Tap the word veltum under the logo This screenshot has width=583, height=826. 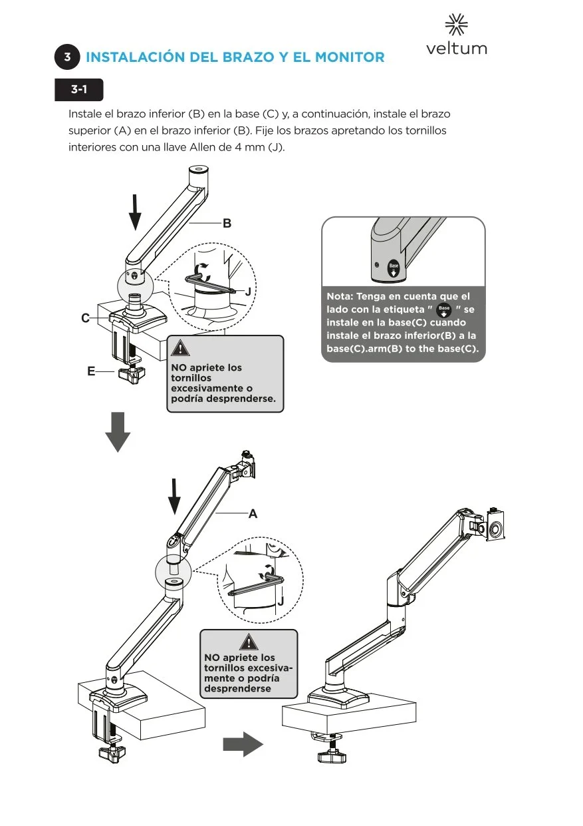[457, 49]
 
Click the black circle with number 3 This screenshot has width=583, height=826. [68, 57]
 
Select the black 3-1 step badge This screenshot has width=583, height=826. [79, 89]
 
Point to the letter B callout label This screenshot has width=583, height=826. [227, 224]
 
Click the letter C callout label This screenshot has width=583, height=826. [85, 319]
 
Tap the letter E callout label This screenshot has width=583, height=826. [91, 372]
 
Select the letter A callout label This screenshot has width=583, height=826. [253, 514]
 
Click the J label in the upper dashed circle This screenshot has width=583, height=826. [248, 292]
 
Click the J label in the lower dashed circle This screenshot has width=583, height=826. [281, 601]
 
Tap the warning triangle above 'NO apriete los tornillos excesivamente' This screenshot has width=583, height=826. [180, 347]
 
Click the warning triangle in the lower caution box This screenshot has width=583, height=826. [249, 642]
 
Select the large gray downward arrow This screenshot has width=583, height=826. [118, 432]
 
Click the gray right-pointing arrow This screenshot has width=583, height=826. [243, 744]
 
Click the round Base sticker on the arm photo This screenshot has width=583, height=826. [394, 268]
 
